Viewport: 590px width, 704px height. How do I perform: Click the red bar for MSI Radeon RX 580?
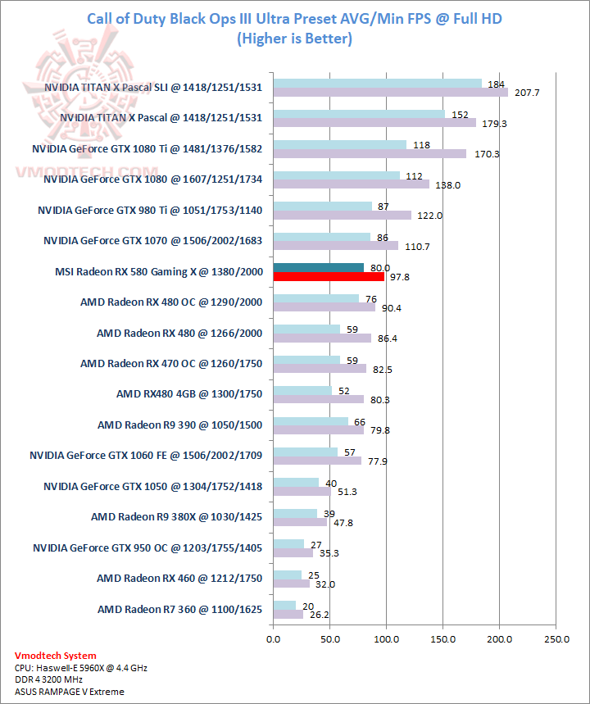[x=329, y=276]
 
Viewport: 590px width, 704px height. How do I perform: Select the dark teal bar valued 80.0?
[x=319, y=267]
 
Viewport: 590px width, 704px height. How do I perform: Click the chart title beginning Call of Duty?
[x=294, y=19]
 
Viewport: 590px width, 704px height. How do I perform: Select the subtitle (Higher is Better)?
[x=294, y=39]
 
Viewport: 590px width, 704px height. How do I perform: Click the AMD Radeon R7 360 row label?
[x=180, y=609]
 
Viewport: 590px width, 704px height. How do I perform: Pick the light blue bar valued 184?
[x=378, y=83]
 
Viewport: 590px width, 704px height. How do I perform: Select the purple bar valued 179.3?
[x=374, y=123]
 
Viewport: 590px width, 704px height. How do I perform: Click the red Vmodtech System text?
[x=55, y=656]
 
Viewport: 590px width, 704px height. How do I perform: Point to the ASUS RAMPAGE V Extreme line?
[x=70, y=692]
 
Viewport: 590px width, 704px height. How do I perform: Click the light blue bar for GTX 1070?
[x=322, y=237]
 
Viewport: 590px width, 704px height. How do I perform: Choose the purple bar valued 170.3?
[x=370, y=153]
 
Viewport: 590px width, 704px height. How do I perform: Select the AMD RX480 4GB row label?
[x=189, y=393]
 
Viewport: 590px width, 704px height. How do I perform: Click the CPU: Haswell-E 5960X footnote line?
[x=81, y=668]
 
